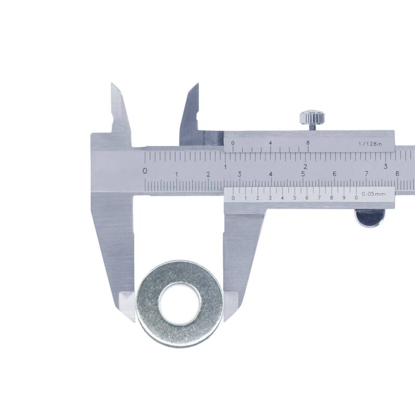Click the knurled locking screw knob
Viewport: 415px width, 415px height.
pos(312,118)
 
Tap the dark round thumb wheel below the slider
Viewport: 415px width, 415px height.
pos(370,218)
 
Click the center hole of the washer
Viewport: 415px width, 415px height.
pos(180,303)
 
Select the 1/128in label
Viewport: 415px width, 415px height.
pos(370,144)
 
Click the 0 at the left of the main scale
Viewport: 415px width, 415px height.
pos(145,171)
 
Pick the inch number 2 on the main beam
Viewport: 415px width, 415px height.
pos(306,167)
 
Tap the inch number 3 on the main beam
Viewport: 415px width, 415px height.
pos(385,167)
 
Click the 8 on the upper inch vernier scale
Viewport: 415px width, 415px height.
pos(308,143)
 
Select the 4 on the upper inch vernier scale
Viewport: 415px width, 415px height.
pos(270,143)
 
